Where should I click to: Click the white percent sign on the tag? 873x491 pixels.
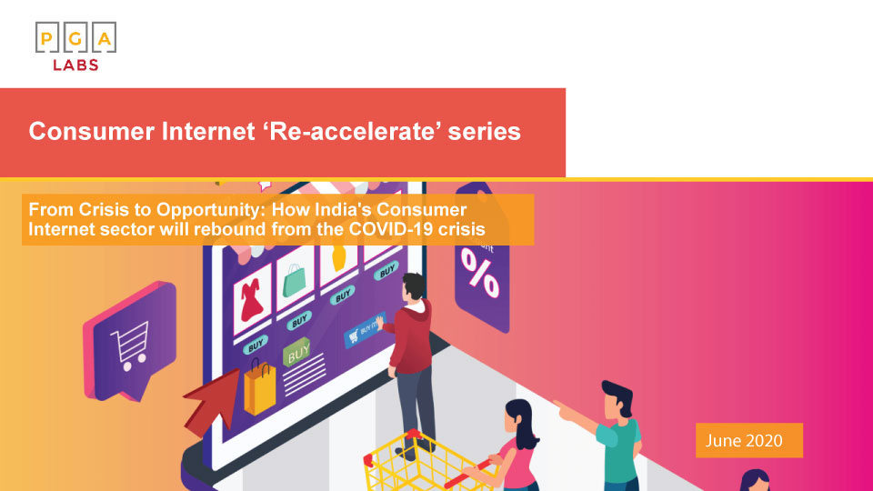pos(478,273)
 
